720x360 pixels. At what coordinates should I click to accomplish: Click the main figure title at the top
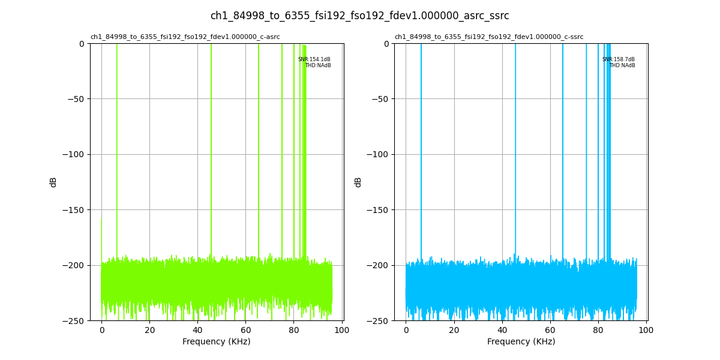click(359, 16)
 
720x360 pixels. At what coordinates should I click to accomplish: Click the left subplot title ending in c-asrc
click(185, 37)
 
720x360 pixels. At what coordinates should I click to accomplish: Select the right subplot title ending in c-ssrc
click(488, 37)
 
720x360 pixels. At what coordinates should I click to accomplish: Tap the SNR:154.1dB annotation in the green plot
click(314, 59)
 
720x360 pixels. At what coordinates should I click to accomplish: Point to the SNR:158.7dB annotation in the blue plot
click(619, 59)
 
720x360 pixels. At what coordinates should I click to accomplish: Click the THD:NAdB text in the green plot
click(318, 65)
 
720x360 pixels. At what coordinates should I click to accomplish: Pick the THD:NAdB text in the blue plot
click(622, 65)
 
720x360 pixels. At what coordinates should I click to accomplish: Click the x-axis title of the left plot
click(217, 341)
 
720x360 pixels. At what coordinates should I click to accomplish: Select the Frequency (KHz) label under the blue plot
click(521, 341)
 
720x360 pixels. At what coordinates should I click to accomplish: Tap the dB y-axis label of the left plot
click(53, 182)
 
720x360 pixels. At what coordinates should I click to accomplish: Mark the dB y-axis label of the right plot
click(358, 182)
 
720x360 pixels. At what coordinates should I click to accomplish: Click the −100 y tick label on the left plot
click(74, 154)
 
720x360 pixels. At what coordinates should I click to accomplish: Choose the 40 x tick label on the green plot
click(197, 330)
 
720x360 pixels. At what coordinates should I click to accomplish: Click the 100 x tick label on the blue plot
click(646, 330)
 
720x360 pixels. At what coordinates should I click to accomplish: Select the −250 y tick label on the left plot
click(74, 320)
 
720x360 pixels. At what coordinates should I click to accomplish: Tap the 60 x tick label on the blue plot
click(550, 330)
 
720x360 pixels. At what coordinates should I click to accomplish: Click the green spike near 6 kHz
click(116, 150)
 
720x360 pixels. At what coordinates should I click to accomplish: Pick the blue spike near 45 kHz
click(515, 150)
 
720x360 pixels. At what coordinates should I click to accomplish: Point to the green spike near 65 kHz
click(259, 150)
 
